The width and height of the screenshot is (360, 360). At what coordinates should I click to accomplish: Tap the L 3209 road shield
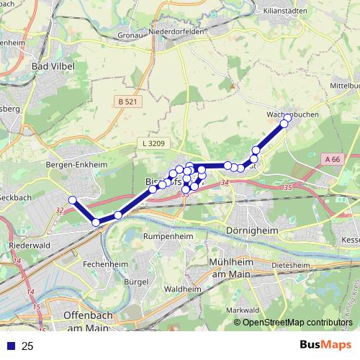point(153,144)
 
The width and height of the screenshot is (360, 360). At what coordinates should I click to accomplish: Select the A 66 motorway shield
point(331,158)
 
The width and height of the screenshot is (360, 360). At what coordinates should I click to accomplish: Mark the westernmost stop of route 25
point(72,199)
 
